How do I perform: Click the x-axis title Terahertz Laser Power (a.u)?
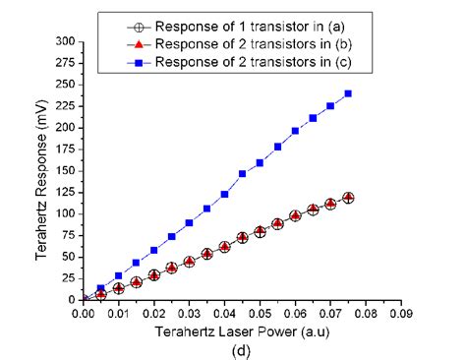pyautogui.click(x=242, y=332)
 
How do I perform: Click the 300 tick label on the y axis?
pyautogui.click(x=65, y=41)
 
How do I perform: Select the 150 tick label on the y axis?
pyautogui.click(x=65, y=170)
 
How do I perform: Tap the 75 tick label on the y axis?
pyautogui.click(x=68, y=234)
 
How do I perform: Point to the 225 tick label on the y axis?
pyautogui.click(x=65, y=106)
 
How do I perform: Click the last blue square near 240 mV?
pyautogui.click(x=348, y=93)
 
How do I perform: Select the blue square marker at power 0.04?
pyautogui.click(x=224, y=194)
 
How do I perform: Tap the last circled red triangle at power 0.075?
pyautogui.click(x=348, y=198)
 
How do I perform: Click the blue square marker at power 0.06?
pyautogui.click(x=295, y=131)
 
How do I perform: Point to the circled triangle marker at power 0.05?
pyautogui.click(x=260, y=231)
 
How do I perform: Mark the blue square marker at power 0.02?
pyautogui.click(x=153, y=250)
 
